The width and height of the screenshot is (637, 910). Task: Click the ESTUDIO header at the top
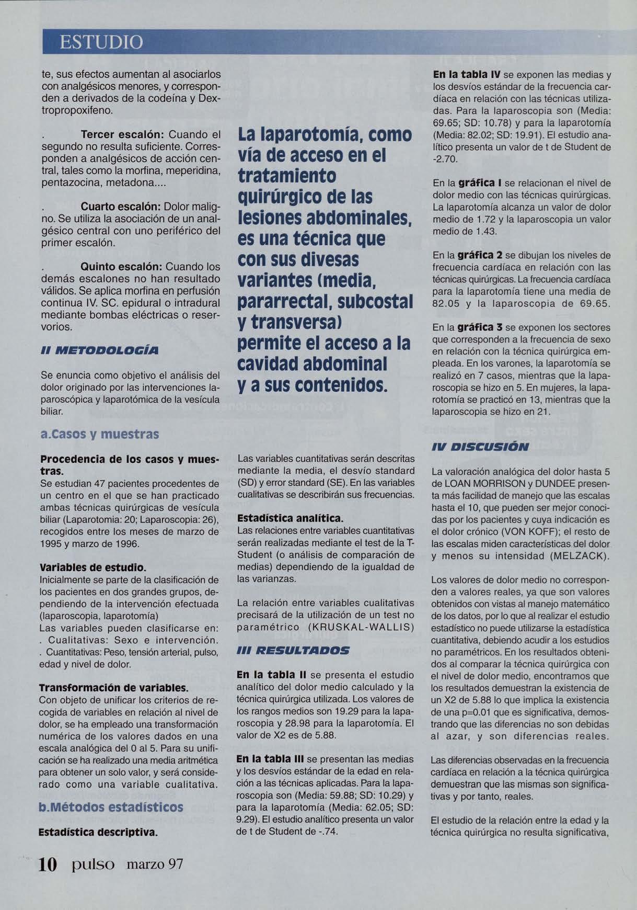point(101,41)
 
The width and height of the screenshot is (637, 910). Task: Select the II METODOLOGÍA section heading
point(99,350)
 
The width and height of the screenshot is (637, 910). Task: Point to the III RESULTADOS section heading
point(293,650)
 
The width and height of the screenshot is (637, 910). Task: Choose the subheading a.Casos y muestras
point(99,434)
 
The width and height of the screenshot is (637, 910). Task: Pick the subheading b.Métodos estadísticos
point(111,806)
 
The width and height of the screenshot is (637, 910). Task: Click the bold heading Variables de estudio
point(93,567)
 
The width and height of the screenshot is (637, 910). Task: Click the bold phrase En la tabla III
point(271,758)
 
